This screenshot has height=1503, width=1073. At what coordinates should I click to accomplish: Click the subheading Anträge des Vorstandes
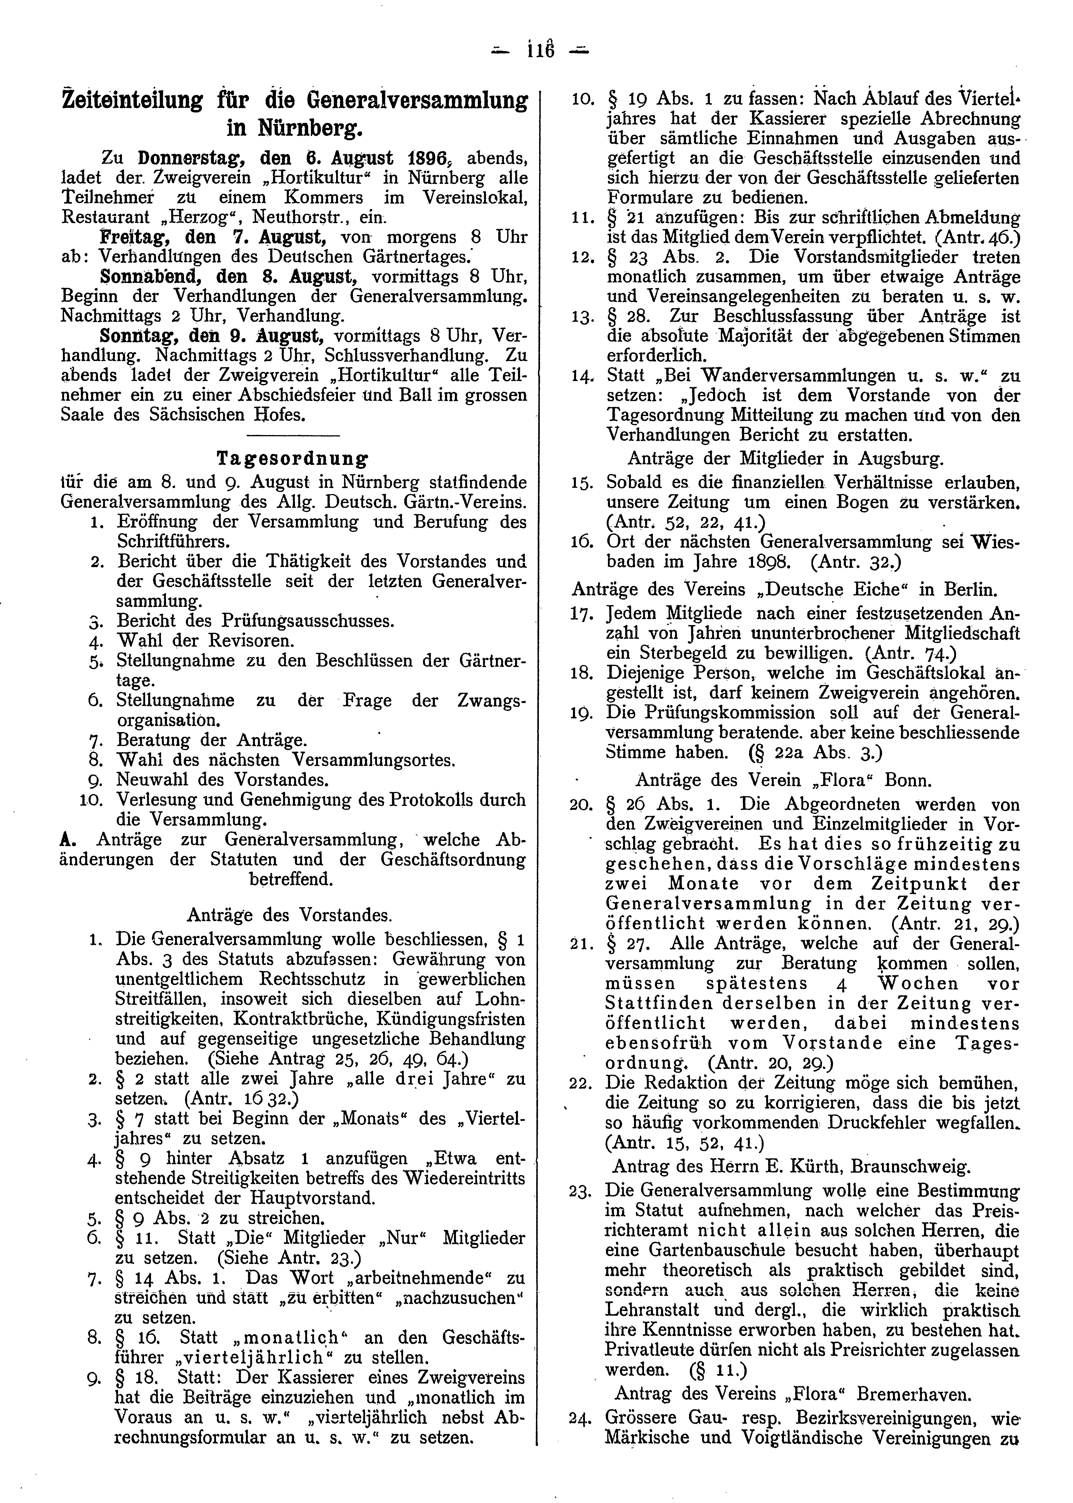point(289,915)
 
